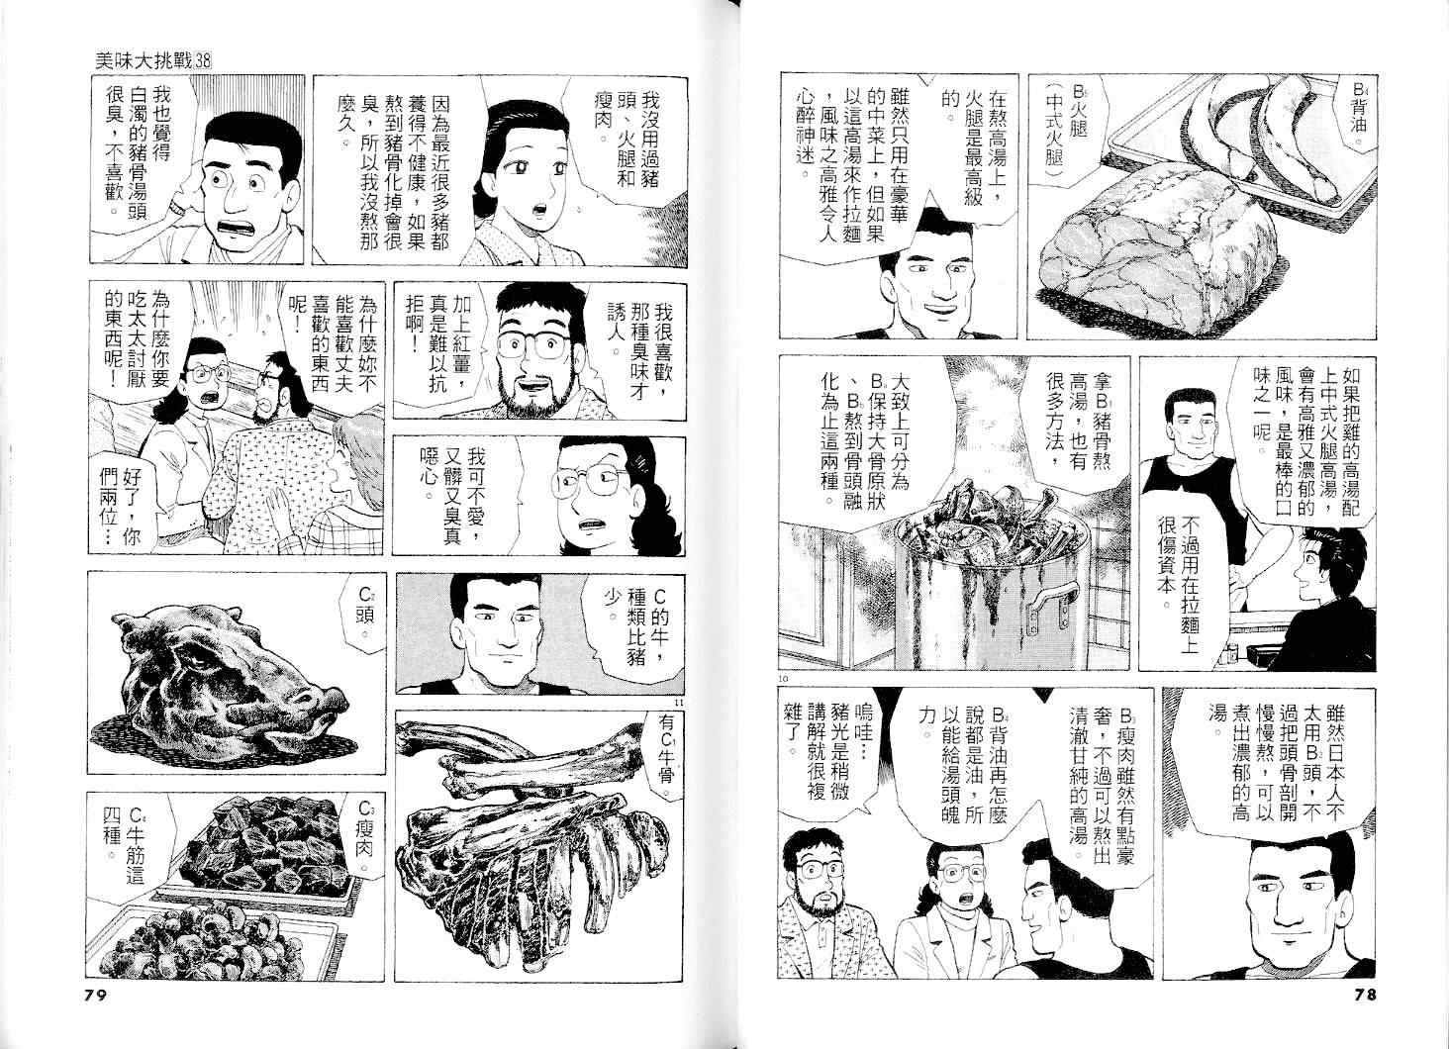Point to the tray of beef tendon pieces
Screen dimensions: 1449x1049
point(207,941)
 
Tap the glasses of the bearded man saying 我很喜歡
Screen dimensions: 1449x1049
point(532,346)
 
